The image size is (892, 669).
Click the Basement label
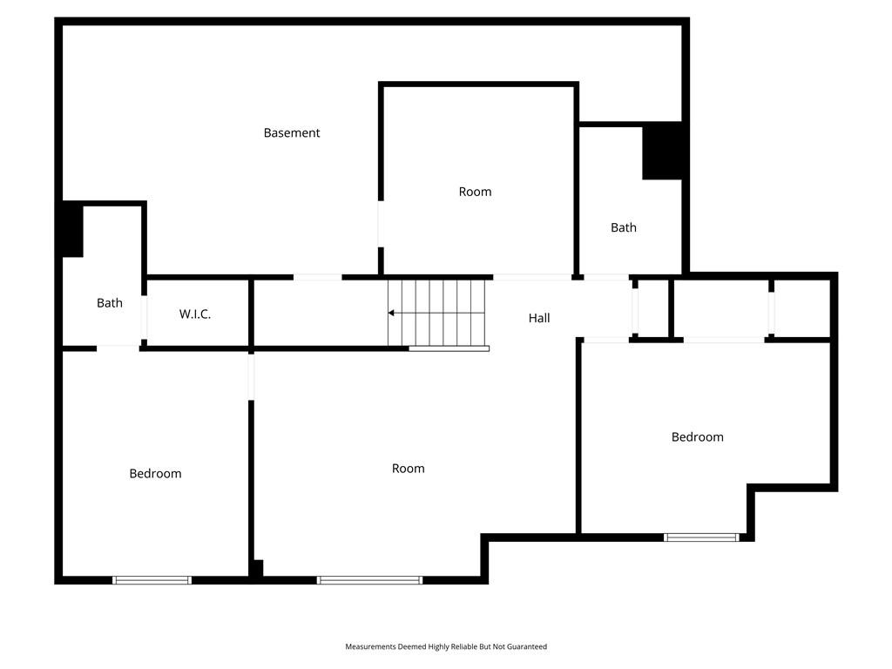click(291, 133)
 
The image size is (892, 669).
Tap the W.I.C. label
click(194, 314)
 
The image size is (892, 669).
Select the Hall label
click(538, 318)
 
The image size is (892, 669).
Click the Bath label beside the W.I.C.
click(109, 303)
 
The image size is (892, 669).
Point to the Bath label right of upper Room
click(624, 227)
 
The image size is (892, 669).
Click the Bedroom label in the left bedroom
click(155, 473)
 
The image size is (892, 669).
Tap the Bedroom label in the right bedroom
click(698, 437)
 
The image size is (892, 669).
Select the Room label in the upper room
click(475, 192)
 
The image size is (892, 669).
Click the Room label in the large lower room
click(408, 469)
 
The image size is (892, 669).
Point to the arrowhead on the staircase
click(391, 313)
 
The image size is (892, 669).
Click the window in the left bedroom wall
click(152, 580)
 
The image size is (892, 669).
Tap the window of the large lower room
click(369, 580)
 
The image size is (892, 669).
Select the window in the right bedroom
click(701, 537)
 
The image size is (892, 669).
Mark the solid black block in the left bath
click(72, 230)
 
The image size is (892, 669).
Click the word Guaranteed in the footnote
click(527, 647)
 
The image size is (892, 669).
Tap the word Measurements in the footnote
click(370, 647)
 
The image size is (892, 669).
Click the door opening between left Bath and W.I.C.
click(144, 317)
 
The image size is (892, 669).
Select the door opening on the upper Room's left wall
click(381, 224)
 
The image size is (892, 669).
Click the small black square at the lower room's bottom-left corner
click(257, 568)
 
